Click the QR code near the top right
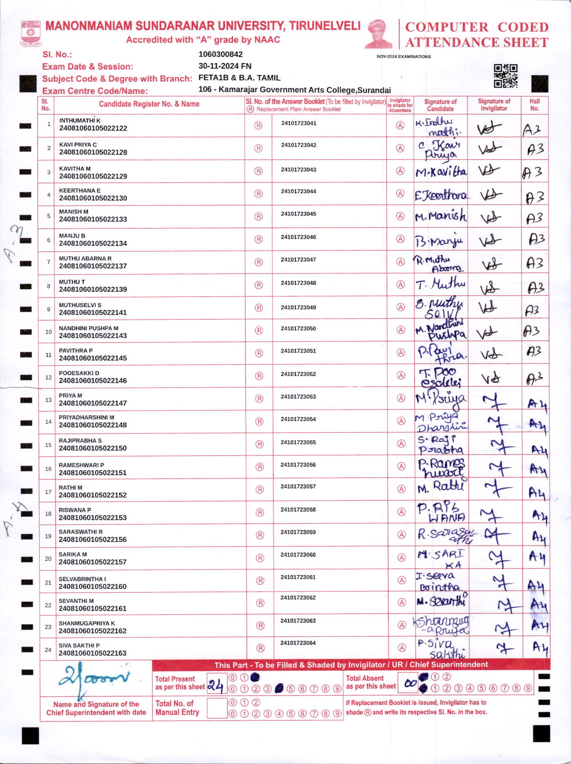pyautogui.click(x=505, y=76)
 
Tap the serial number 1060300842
pyautogui.click(x=220, y=54)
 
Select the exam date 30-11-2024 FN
pyautogui.click(x=225, y=66)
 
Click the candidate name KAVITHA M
pyautogui.click(x=75, y=169)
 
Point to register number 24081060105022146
pyautogui.click(x=93, y=381)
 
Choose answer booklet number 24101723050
pyautogui.click(x=298, y=328)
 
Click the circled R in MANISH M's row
pyautogui.click(x=259, y=217)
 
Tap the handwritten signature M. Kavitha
pyautogui.click(x=441, y=172)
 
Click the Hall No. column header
pyautogui.click(x=535, y=105)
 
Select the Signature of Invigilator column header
pyautogui.click(x=494, y=105)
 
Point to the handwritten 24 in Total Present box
pyautogui.click(x=215, y=685)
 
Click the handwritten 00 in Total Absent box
pyautogui.click(x=410, y=684)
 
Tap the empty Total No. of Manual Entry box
pyautogui.click(x=217, y=708)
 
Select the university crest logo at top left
pyautogui.click(x=30, y=34)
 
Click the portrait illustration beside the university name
pyautogui.click(x=379, y=34)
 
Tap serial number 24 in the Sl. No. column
pyautogui.click(x=48, y=650)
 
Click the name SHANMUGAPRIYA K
pyautogui.click(x=87, y=623)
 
